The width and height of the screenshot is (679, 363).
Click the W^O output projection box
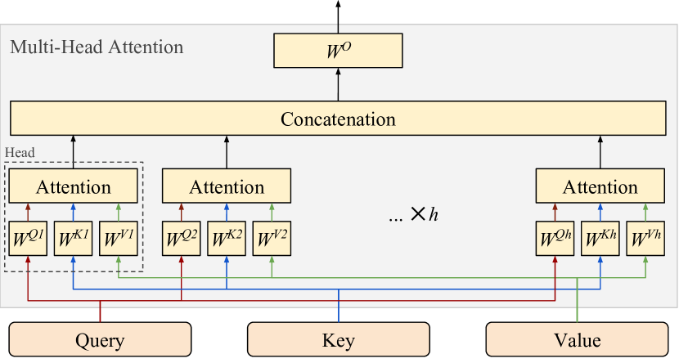click(338, 51)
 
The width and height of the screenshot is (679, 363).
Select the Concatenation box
click(338, 119)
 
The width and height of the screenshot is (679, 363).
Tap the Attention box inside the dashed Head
click(74, 186)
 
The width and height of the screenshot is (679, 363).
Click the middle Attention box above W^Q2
click(227, 186)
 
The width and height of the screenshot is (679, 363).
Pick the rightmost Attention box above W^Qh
click(600, 186)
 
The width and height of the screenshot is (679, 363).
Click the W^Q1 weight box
click(28, 239)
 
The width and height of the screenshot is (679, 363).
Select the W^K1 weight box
click(74, 239)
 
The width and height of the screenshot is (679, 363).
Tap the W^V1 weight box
click(119, 239)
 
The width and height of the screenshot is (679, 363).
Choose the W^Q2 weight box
click(182, 239)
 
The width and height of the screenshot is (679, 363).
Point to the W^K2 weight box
click(227, 239)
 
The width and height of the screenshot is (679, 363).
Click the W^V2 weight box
click(272, 239)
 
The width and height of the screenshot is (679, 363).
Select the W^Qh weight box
click(555, 239)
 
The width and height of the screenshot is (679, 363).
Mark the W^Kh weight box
click(600, 239)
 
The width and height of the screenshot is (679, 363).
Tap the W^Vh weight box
click(646, 239)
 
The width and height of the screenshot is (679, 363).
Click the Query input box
click(100, 340)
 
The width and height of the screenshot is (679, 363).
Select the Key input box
click(339, 340)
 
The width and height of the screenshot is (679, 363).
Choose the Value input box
click(578, 340)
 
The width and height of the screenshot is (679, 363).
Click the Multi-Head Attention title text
click(97, 47)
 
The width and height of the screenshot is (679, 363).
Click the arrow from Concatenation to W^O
click(338, 85)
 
